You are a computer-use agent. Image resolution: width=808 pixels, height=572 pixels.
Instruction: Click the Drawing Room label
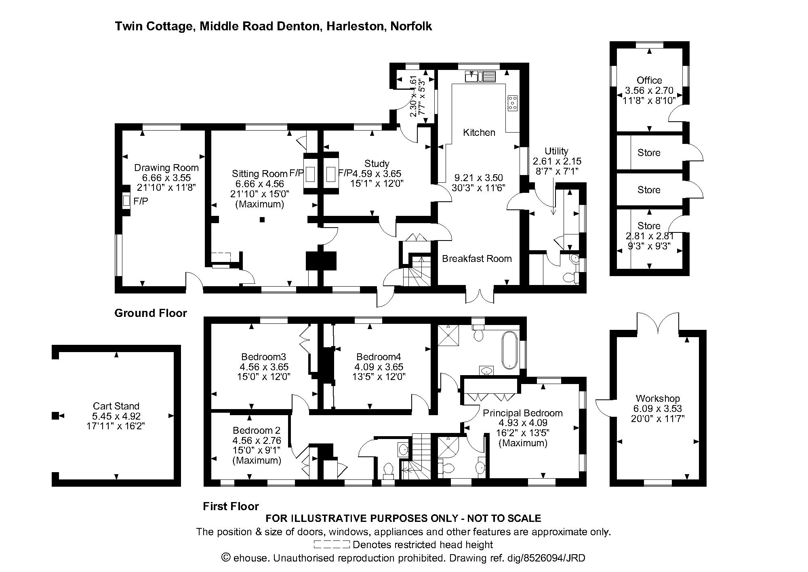coord(166,168)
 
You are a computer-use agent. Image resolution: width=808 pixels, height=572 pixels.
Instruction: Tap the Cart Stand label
coord(116,406)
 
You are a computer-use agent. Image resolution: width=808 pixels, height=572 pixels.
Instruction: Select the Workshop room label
coord(657,399)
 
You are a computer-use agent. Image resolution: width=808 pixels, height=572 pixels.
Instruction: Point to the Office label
coord(649,80)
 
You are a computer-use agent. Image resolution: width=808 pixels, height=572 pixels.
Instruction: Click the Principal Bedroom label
coord(523,413)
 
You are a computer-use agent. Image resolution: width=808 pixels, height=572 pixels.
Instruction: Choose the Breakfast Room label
coord(477,259)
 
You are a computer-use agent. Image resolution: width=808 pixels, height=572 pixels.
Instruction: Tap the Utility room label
coord(556,151)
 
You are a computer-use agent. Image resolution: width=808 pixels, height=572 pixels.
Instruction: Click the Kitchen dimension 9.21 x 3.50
coord(479,178)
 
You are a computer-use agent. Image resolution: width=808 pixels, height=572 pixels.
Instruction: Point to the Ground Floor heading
coord(151,313)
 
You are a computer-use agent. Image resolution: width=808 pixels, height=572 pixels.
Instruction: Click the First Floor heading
coord(231,506)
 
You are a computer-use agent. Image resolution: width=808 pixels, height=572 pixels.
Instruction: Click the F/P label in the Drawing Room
coord(141,201)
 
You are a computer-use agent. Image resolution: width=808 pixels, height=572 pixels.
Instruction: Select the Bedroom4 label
coord(379,357)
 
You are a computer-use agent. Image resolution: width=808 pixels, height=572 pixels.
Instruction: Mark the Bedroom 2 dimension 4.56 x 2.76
coord(257,440)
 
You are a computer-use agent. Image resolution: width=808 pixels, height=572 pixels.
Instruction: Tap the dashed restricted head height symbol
coord(332,545)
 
